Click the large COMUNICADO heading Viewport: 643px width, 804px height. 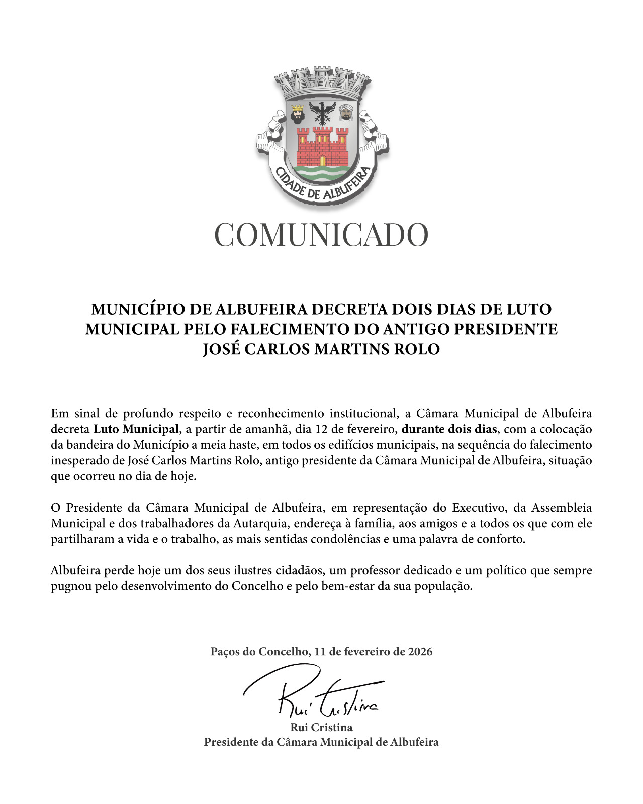click(321, 235)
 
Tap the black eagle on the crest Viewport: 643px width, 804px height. click(322, 112)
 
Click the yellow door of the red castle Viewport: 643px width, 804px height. click(322, 161)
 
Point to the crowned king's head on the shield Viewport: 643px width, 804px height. click(298, 115)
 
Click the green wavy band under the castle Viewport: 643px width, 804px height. click(322, 174)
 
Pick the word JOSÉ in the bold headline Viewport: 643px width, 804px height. click(222, 349)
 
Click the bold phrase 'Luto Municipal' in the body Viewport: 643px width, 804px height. click(136, 429)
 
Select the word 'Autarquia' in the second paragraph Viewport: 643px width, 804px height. click(259, 523)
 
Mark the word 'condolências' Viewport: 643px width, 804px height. click(343, 539)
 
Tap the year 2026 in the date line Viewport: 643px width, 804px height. click(420, 652)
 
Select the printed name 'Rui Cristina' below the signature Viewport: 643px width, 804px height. click(321, 727)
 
